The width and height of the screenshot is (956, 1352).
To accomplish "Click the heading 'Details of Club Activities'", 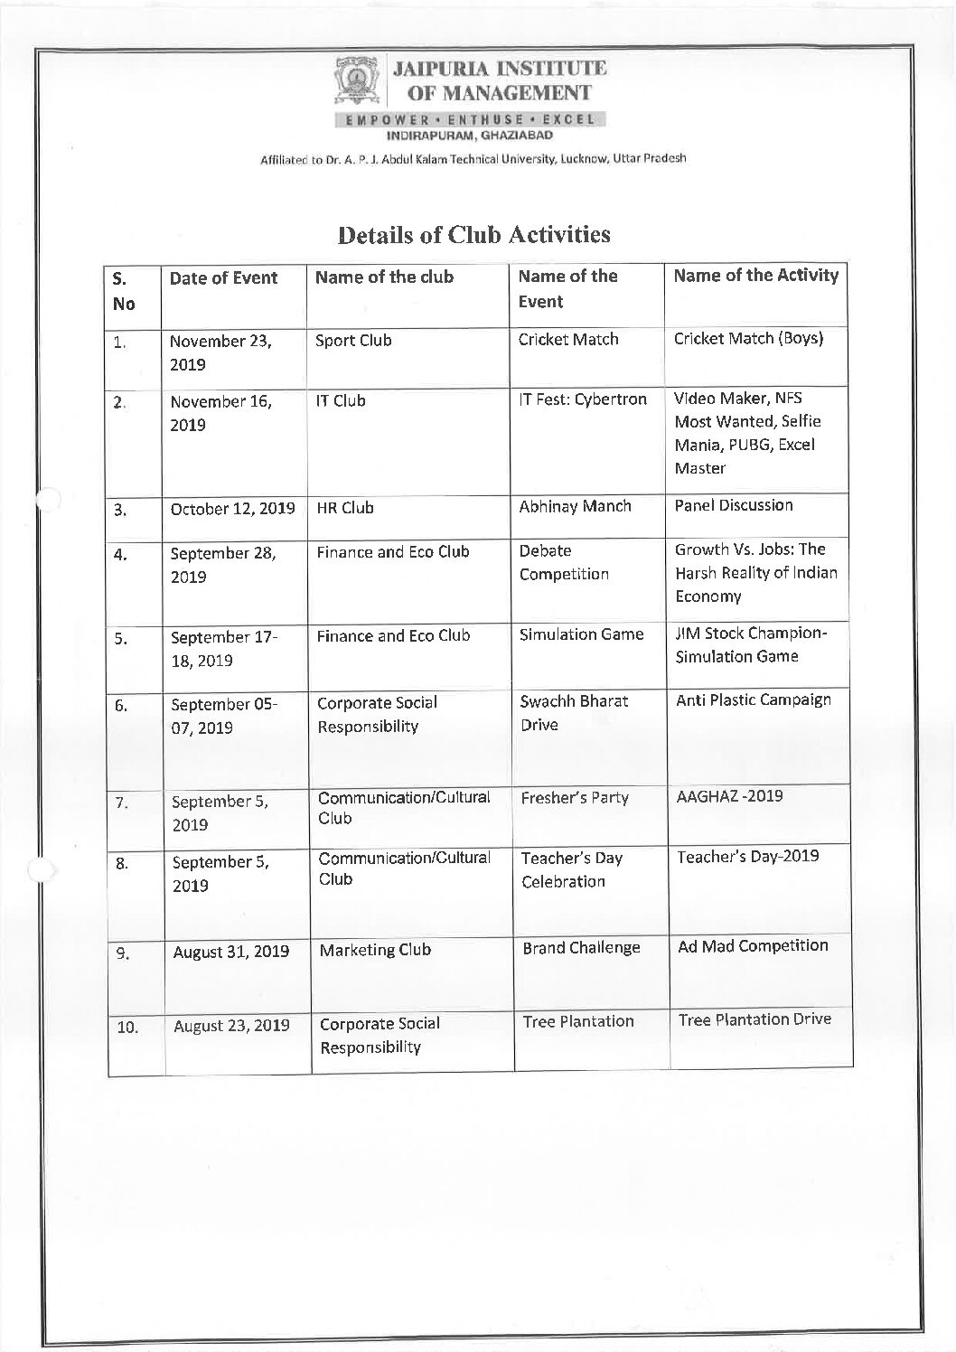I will [x=474, y=235].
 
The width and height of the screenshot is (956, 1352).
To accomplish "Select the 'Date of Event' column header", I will [x=223, y=278].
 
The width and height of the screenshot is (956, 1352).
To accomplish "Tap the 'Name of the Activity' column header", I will [x=755, y=276].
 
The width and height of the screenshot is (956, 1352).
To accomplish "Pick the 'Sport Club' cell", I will [x=353, y=341].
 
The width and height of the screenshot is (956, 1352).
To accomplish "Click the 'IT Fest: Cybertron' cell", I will [x=583, y=399].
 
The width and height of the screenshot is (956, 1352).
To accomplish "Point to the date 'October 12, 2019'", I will [x=232, y=508].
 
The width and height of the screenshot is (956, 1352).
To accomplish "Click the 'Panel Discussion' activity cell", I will [x=734, y=505].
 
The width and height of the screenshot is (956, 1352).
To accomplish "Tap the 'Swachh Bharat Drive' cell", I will [x=574, y=713].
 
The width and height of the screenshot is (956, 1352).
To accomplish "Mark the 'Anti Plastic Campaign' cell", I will [x=754, y=699].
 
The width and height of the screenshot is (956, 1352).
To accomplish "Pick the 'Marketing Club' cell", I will [x=375, y=950].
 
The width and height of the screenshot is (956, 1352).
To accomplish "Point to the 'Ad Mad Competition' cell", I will [x=753, y=946].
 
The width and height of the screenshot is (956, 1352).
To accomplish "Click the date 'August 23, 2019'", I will [x=231, y=1026].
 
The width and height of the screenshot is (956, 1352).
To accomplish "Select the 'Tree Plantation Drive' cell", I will [x=754, y=1019].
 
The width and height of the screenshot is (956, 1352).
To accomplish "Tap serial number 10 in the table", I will [x=127, y=1028].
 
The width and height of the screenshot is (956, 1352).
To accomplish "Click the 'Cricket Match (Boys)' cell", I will [x=748, y=338].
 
